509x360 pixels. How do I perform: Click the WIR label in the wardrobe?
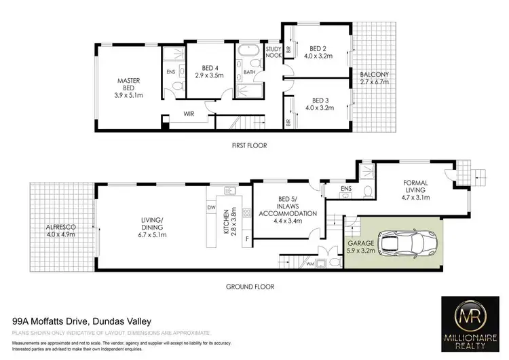coord(187,115)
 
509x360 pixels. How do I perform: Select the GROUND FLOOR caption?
coord(250,287)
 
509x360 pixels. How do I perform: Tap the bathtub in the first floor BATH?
coord(245,53)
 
